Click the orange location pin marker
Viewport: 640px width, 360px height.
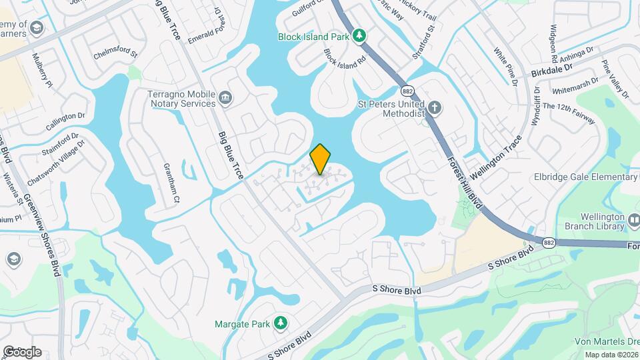321,159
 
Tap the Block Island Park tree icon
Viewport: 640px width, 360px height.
360,35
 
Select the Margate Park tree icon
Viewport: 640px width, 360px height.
281,323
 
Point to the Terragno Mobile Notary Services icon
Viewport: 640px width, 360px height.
225,99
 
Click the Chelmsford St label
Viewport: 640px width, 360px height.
115,53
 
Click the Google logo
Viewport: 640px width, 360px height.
22,352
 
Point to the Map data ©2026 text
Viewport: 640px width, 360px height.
611,355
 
